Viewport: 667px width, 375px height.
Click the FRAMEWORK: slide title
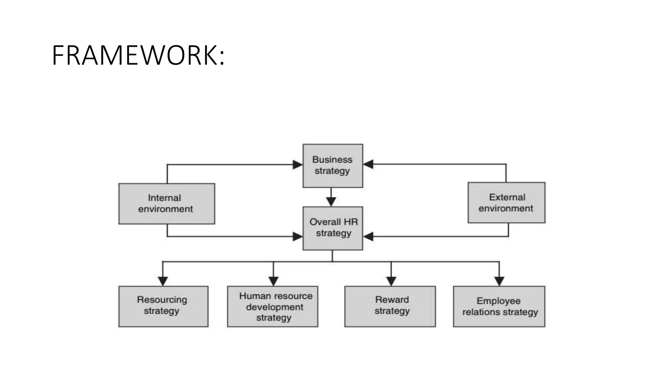138,56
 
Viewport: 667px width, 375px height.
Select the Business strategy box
333,166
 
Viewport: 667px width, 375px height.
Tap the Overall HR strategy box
333,228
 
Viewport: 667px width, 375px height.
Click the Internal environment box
166,204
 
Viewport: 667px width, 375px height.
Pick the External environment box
506,203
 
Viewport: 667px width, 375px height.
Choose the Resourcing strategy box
163,306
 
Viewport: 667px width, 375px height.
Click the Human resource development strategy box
273,306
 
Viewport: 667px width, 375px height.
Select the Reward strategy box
390,306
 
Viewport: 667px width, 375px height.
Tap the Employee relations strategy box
499,306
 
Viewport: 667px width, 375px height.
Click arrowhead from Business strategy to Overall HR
331,201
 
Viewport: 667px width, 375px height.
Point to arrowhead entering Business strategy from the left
297,165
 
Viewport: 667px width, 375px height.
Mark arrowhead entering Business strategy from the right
368,164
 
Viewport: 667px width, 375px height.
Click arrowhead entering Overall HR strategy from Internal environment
297,236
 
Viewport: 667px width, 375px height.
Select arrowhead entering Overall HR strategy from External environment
368,236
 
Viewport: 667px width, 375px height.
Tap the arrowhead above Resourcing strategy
163,281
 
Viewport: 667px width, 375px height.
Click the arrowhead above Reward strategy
391,281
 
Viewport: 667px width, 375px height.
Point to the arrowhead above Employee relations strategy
499,281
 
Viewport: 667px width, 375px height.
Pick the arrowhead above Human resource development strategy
273,281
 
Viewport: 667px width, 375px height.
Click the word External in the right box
507,197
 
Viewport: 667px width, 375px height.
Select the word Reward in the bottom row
392,299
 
